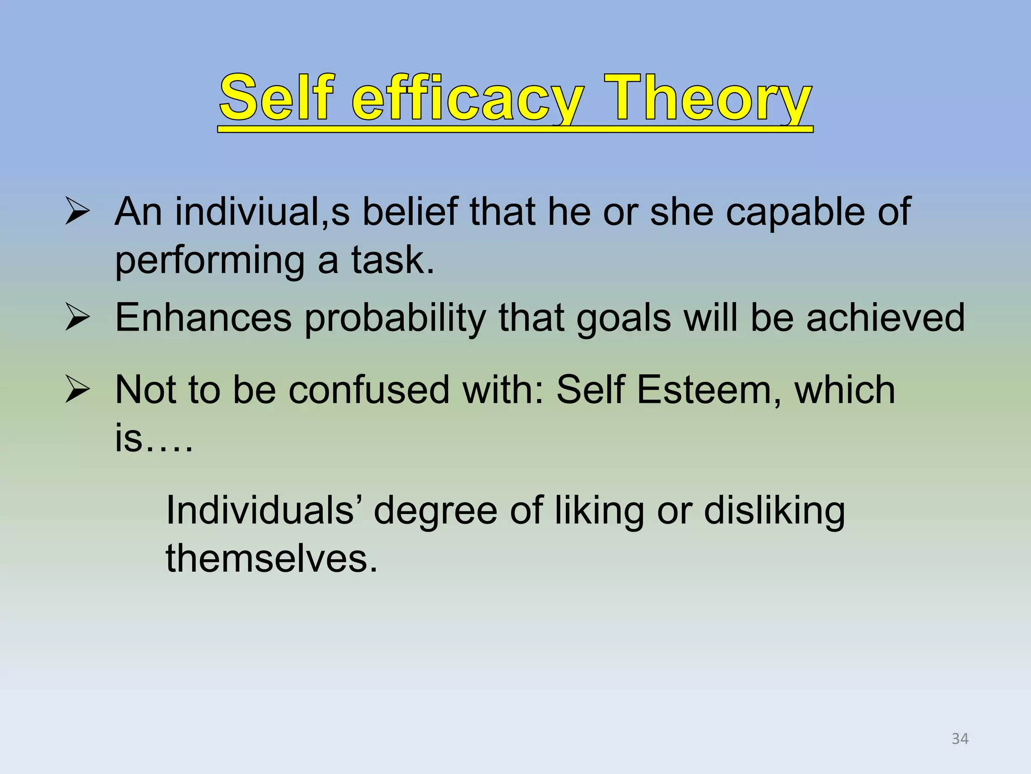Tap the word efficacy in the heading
click(468, 98)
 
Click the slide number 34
click(960, 739)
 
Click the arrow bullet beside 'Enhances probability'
click(78, 319)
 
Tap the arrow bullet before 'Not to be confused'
click(78, 391)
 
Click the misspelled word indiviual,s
click(262, 212)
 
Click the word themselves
click(271, 559)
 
